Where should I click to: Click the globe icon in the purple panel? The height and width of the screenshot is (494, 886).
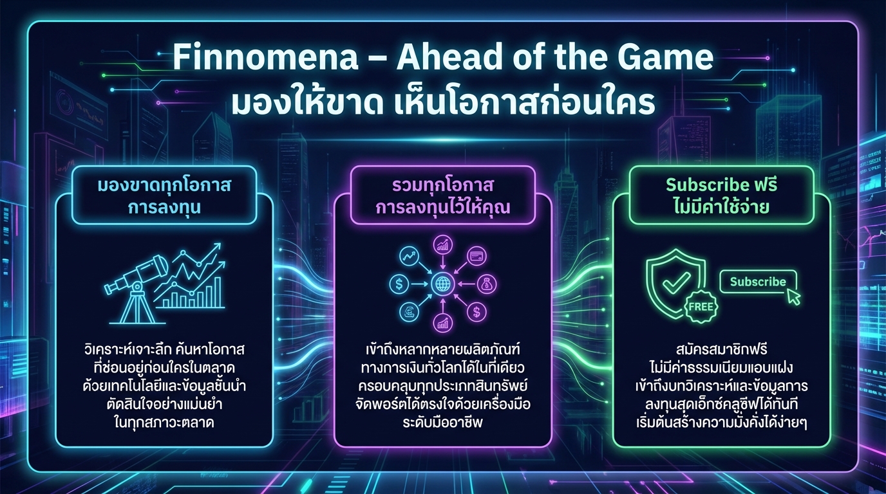[x=444, y=283]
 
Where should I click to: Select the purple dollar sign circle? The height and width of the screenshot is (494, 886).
[x=477, y=312]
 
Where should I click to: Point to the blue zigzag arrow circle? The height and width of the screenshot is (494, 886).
[x=408, y=255]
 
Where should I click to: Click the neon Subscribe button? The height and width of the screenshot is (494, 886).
[x=758, y=282]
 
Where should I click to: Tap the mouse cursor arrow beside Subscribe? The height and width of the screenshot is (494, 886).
[x=794, y=297]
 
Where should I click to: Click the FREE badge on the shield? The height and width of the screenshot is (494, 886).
[x=700, y=306]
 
